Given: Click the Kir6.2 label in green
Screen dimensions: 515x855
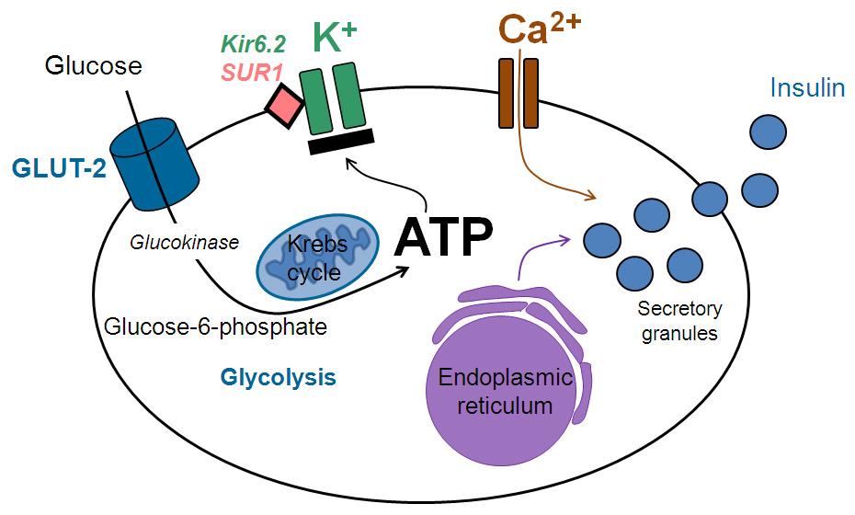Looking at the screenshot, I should click(254, 43).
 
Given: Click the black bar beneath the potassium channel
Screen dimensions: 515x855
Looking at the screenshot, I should click(340, 140).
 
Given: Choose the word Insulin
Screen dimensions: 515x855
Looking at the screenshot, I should click(807, 88).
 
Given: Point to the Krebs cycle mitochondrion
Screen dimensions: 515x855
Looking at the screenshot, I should click(316, 256).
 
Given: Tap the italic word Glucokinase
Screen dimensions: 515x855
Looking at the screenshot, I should click(182, 242).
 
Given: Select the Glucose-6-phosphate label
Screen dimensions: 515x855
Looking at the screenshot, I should click(216, 326).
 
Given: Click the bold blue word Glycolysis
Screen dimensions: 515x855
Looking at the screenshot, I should click(278, 377).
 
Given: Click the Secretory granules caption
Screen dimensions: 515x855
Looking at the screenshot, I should click(680, 321).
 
